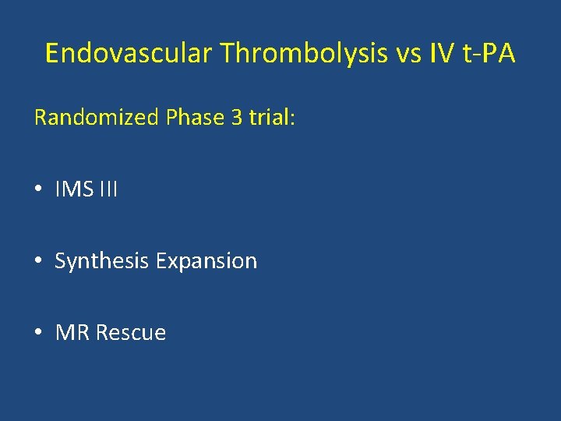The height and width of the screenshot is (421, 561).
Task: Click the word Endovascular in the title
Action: (x=129, y=53)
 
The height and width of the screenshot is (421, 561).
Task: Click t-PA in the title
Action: (x=489, y=53)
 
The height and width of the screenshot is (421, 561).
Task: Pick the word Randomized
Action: (x=97, y=118)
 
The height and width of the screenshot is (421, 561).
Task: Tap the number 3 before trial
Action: (x=235, y=118)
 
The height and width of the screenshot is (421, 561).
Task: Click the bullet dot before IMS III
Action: (x=39, y=189)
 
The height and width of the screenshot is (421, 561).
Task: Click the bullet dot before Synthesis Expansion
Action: (x=39, y=261)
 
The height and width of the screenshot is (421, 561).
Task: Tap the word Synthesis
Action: (x=102, y=261)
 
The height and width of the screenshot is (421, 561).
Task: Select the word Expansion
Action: (x=206, y=261)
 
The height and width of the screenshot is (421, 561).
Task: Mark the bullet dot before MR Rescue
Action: (x=39, y=333)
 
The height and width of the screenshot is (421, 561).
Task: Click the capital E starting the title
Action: (x=52, y=53)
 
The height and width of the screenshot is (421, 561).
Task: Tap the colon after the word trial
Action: (x=293, y=119)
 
